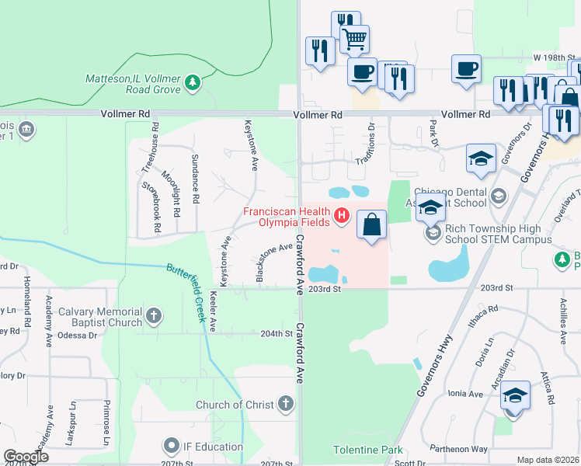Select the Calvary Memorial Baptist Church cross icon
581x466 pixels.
coord(154,315)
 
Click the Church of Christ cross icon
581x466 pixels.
coord(286,404)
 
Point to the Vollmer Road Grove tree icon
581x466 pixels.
coord(193,81)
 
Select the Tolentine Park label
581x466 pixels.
coord(368,450)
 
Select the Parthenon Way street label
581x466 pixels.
coord(478,449)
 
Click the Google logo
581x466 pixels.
coord(26,457)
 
